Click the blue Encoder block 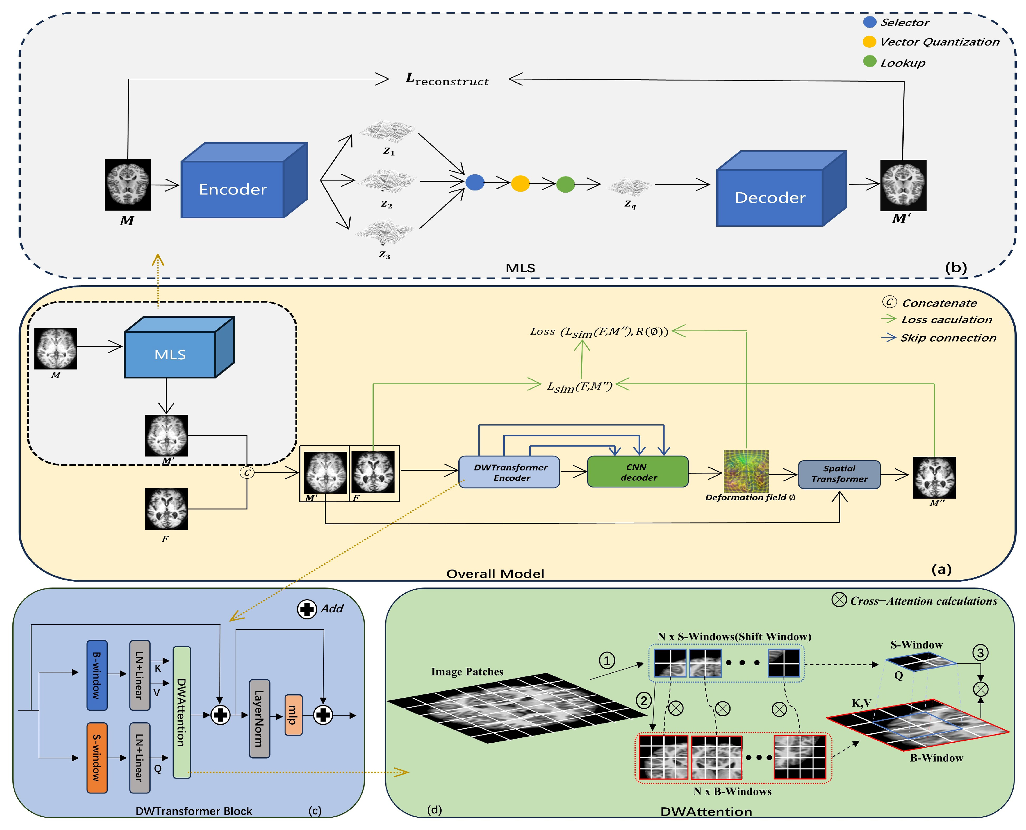tap(233, 189)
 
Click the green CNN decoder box tap(637, 472)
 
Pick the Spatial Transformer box tap(839, 474)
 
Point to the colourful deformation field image tap(746, 471)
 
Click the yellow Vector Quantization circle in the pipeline tap(520, 184)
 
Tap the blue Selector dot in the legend tap(870, 22)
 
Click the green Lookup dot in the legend tap(870, 62)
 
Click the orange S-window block tap(97, 758)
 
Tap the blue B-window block tap(97, 675)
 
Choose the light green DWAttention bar tap(182, 712)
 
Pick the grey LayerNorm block tap(259, 718)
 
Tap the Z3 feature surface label tap(385, 255)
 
